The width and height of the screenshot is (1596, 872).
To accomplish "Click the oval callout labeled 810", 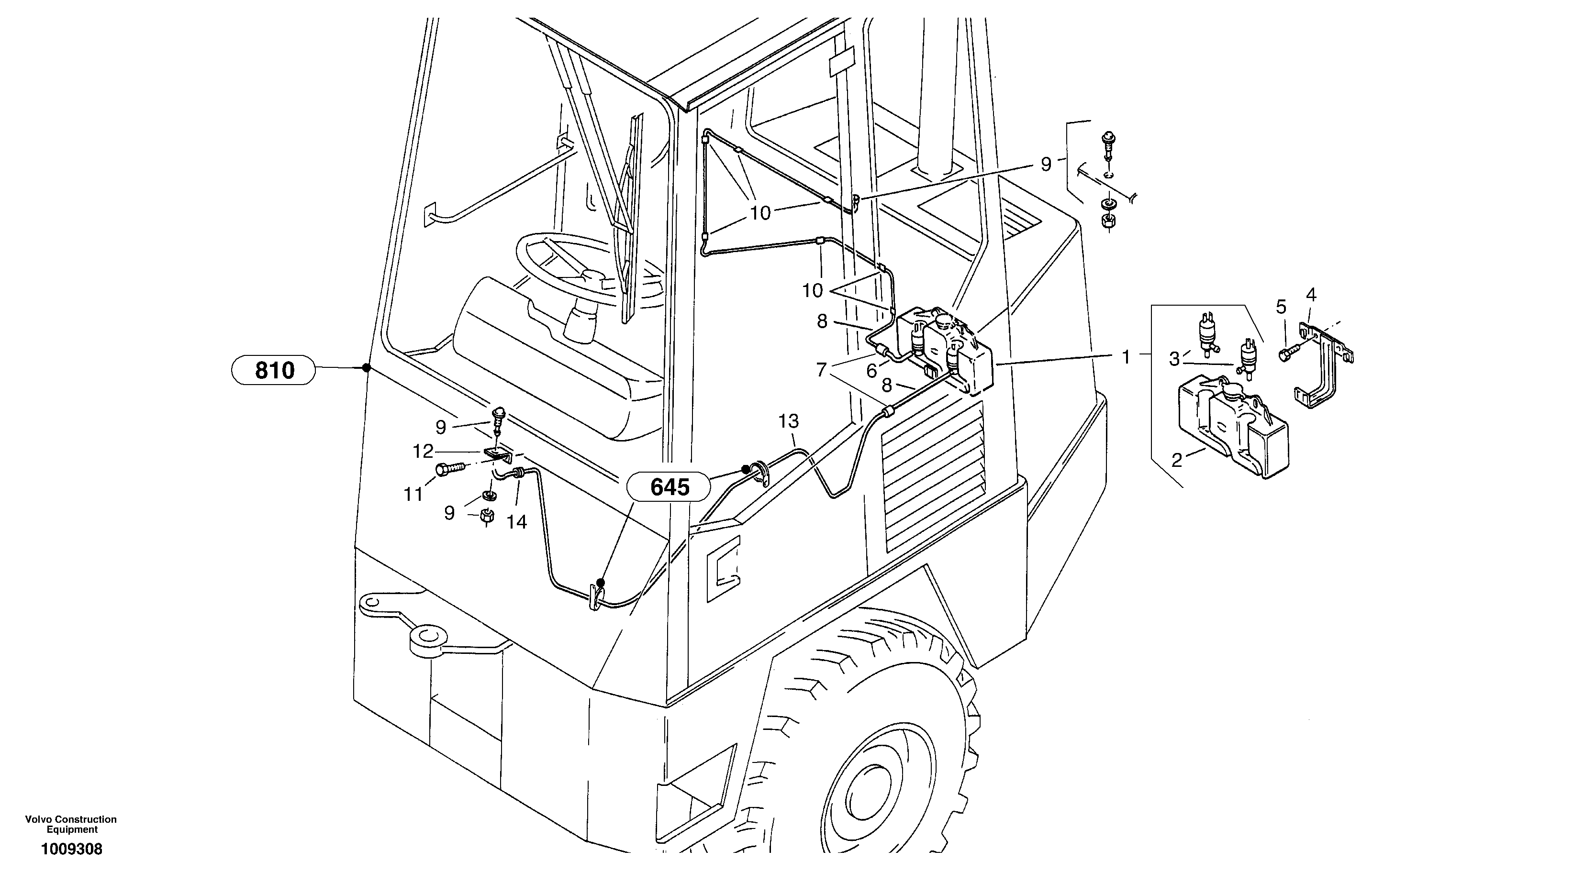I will pyautogui.click(x=274, y=370).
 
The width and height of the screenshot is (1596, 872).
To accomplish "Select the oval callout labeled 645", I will pyautogui.click(x=669, y=487).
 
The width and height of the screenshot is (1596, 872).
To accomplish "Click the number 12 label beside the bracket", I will pyautogui.click(x=423, y=452).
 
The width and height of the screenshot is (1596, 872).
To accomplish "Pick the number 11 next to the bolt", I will pyautogui.click(x=413, y=494).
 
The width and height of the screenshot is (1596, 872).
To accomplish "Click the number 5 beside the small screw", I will pyautogui.click(x=1281, y=307).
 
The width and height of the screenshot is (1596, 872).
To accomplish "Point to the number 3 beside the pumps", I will pyautogui.click(x=1174, y=359).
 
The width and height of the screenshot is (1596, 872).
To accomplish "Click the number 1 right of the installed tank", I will pyautogui.click(x=1127, y=357).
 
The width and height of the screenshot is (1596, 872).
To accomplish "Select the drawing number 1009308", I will pyautogui.click(x=71, y=849).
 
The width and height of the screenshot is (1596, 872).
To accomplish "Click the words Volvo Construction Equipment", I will pyautogui.click(x=71, y=824).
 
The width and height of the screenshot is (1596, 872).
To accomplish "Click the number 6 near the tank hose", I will pyautogui.click(x=871, y=370).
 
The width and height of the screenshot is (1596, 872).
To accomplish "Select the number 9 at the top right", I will pyautogui.click(x=1046, y=164).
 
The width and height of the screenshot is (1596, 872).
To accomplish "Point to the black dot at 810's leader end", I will pyautogui.click(x=366, y=368).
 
